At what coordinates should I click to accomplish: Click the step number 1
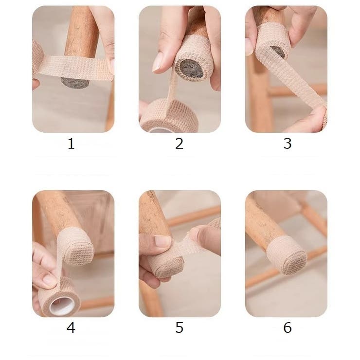71,144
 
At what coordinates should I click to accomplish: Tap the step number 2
180,144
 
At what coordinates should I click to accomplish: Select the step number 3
288,144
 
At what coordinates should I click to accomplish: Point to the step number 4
71,327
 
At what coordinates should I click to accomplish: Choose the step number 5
180,327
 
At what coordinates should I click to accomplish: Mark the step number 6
288,327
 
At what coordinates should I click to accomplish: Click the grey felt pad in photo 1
75,83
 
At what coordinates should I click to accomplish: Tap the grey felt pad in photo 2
191,69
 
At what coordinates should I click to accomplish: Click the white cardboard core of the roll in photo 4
62,306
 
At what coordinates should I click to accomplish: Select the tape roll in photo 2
169,116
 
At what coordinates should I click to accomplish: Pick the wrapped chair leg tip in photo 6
287,254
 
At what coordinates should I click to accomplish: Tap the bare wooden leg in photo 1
82,32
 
